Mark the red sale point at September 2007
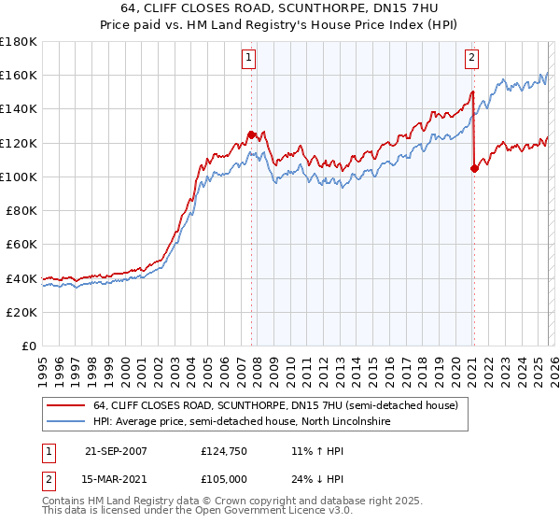point(252,134)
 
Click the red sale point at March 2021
point(474,168)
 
